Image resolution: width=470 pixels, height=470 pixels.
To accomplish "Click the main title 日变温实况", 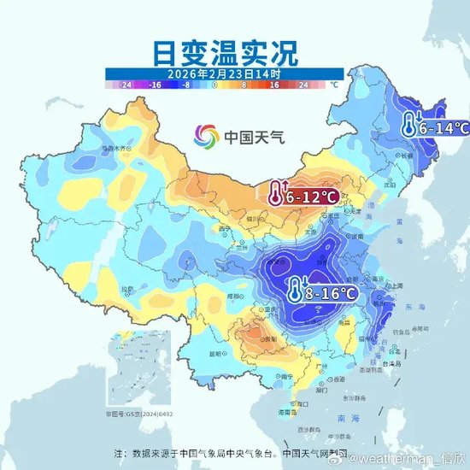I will coord(226,53).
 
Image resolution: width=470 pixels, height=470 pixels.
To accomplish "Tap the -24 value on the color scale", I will coord(126,85).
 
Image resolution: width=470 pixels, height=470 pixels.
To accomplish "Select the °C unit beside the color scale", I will coord(334,85).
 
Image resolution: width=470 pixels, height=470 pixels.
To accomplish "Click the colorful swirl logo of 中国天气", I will coord(205,135).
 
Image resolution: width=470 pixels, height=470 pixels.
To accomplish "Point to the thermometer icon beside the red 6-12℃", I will coord(275,194).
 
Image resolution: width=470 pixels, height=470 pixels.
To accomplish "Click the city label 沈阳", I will coord(391,184).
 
